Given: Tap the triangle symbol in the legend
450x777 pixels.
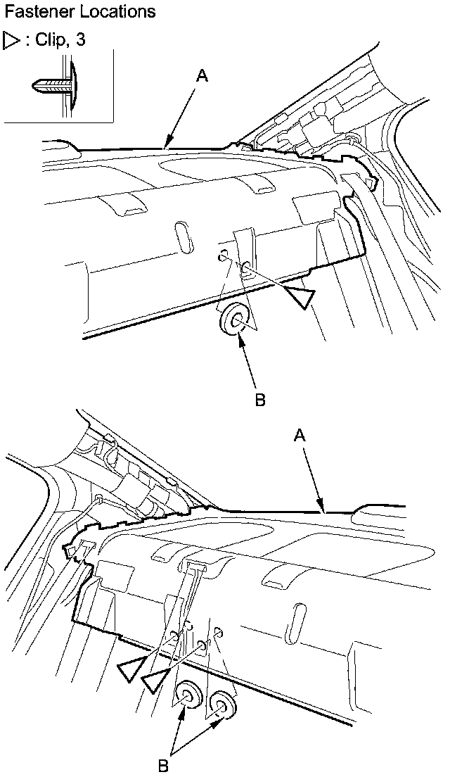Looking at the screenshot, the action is coord(12,40).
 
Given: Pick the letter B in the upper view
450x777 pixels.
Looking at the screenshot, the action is coord(259,399).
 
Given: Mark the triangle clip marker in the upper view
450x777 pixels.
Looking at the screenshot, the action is coord(301,296).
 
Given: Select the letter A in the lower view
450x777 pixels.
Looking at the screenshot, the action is coord(300,436).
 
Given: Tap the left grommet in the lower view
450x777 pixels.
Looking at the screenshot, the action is coord(188,697).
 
